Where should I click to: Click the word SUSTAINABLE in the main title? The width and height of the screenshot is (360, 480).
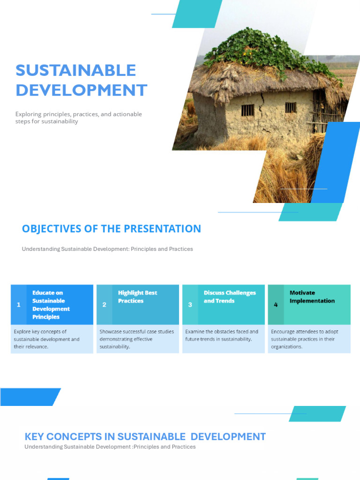(75, 70)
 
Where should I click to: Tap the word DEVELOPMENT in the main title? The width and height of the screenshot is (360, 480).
(81, 90)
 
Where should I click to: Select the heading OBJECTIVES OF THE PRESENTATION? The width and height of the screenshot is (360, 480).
(111, 229)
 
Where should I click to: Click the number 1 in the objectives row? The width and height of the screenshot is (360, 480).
(18, 305)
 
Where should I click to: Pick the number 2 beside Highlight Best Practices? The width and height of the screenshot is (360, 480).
(104, 305)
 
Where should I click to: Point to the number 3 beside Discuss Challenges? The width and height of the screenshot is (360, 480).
(190, 305)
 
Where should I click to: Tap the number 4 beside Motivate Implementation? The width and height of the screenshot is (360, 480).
(276, 305)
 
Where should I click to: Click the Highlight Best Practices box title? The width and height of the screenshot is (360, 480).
(137, 297)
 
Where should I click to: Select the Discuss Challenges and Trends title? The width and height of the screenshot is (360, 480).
(230, 297)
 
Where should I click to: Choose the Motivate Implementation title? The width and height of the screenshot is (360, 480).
(312, 297)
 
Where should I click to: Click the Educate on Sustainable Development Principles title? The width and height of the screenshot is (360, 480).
(51, 305)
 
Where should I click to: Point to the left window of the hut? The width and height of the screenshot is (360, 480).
(247, 110)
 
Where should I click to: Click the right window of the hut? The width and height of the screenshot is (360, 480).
(291, 107)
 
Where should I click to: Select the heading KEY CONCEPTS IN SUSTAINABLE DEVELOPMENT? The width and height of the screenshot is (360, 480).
(145, 436)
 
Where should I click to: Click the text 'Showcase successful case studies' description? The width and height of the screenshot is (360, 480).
(136, 339)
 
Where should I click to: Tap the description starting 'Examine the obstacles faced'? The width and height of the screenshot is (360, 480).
(221, 335)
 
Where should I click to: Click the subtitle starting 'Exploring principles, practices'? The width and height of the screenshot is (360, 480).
(78, 118)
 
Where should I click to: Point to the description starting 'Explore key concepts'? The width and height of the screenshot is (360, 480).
(46, 339)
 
